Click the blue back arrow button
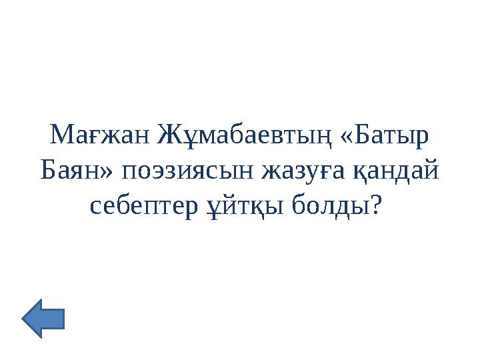click(43, 319)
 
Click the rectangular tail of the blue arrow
click(55, 319)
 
